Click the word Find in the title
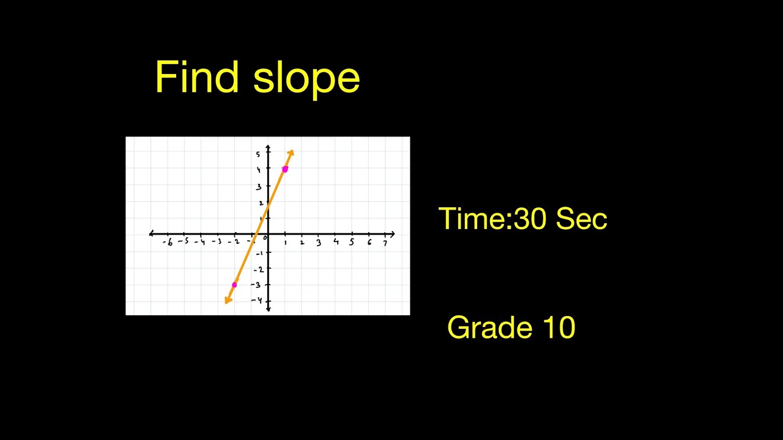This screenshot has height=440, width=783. click(196, 78)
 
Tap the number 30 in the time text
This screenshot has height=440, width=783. click(531, 219)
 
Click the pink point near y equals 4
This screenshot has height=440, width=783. click(285, 169)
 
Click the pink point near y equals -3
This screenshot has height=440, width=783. click(234, 285)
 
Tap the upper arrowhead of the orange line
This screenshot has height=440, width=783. click(291, 152)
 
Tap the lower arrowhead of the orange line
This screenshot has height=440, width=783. click(228, 299)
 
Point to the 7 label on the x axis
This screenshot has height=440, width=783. click(385, 243)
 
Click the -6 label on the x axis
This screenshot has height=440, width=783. click(168, 243)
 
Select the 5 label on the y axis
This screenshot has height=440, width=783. click(258, 154)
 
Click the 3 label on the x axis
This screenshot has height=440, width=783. click(318, 243)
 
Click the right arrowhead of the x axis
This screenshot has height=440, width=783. click(392, 234)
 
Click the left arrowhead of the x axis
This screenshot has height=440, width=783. click(151, 234)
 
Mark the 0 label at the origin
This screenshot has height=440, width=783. click(265, 239)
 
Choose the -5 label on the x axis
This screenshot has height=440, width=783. click(184, 242)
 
